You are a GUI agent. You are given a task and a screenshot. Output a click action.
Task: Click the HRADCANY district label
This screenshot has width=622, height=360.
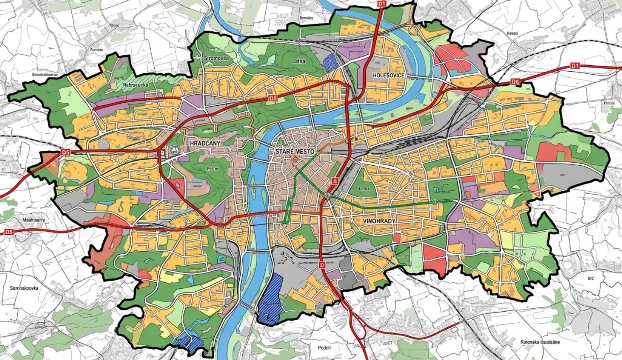(204, 143)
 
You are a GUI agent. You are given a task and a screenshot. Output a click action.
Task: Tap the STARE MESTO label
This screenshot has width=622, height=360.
(295, 152)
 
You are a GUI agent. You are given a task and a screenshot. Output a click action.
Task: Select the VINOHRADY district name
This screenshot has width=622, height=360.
(380, 221)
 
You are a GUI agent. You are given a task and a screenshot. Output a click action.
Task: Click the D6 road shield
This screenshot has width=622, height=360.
(514, 81)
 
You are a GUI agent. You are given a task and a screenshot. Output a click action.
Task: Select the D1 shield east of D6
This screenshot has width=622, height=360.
(574, 66)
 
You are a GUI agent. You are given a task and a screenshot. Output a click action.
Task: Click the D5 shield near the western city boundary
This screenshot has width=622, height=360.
(65, 152)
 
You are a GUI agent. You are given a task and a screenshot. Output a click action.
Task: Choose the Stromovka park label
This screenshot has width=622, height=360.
(216, 58)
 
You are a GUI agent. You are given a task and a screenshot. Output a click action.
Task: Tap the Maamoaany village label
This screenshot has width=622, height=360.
(33, 220)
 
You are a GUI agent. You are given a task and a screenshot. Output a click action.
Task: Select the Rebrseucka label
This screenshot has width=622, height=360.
(136, 85)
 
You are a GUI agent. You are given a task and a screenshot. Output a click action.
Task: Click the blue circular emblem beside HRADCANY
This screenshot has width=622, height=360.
(175, 150)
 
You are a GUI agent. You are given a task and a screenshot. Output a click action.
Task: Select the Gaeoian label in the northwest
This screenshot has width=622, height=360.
(96, 50)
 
